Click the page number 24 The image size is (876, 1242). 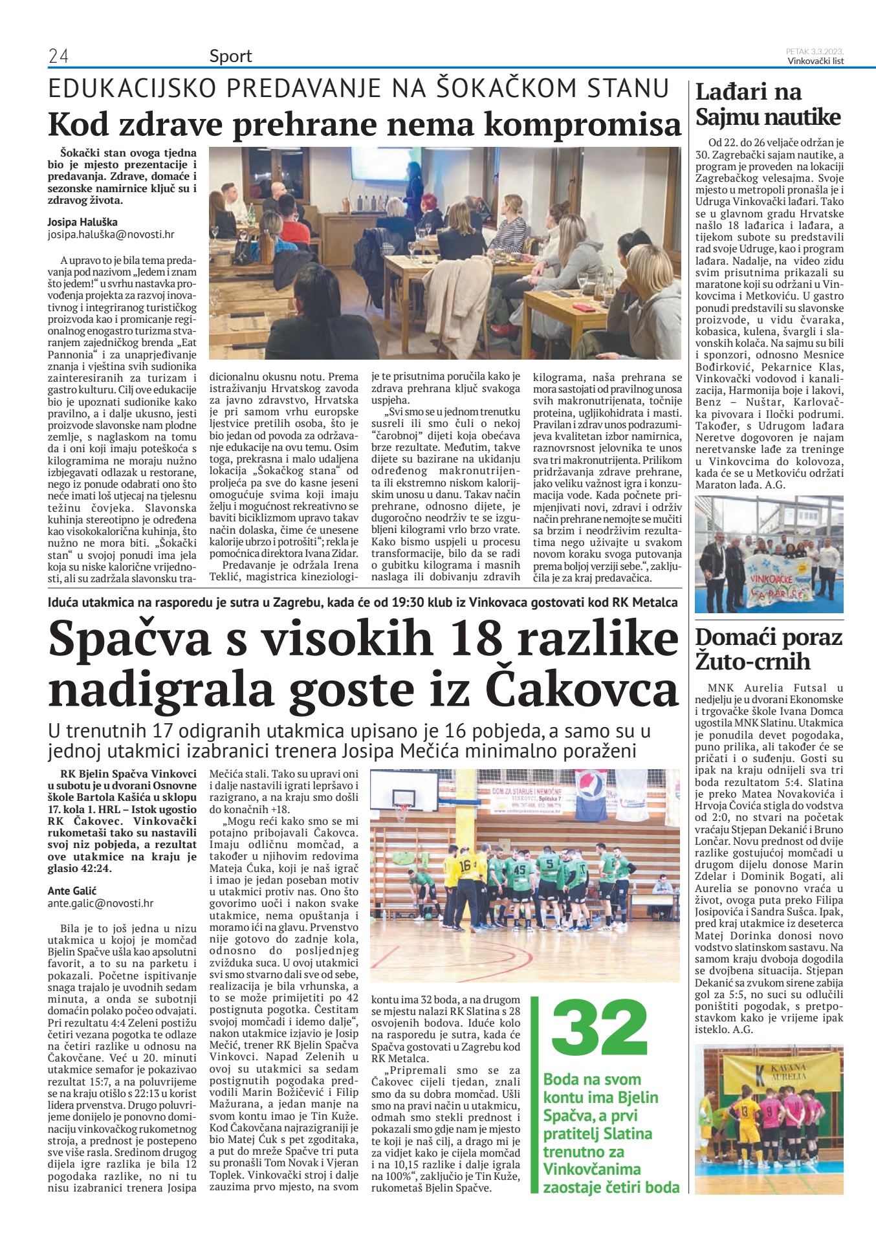pos(58,57)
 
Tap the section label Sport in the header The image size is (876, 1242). pos(230,56)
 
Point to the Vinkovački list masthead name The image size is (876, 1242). pos(815,61)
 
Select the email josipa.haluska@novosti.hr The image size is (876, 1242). pos(111,235)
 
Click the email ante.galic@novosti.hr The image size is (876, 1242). pos(100,903)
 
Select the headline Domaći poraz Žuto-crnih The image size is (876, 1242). pos(768,649)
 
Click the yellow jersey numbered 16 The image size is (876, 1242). pos(465,866)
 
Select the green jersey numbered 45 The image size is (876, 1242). pos(519,870)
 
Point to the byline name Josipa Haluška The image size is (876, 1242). pos(82,222)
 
